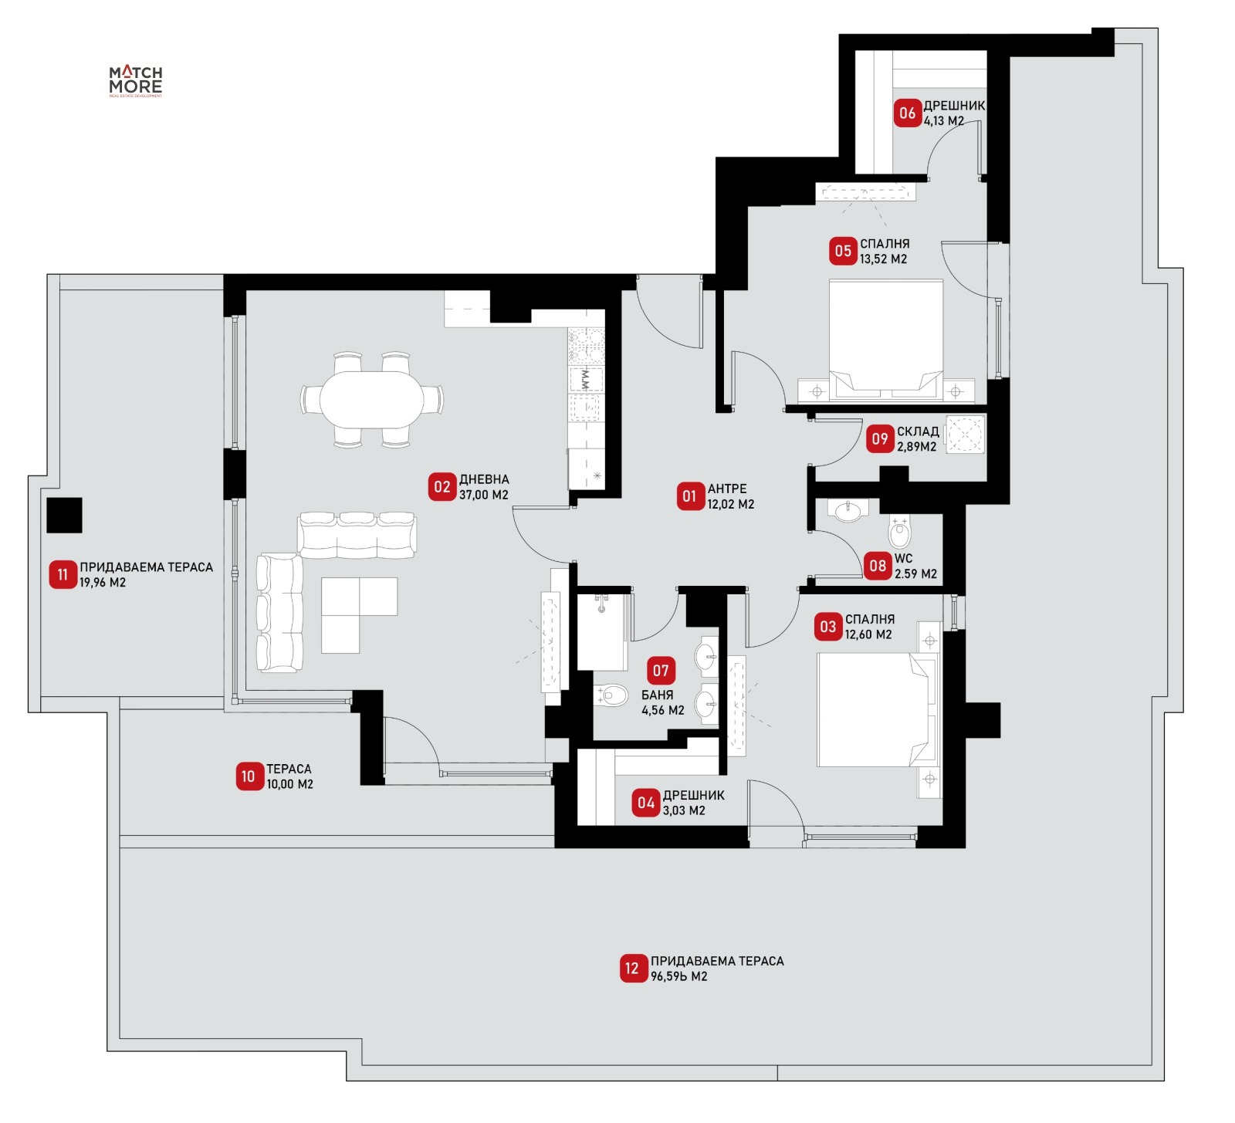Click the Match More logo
tap(135, 81)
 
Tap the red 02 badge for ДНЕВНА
tap(442, 487)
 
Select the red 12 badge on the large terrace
tap(632, 969)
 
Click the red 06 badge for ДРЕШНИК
tap(907, 113)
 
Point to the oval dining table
tap(372, 399)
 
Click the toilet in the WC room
tap(900, 529)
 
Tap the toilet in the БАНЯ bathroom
tap(611, 696)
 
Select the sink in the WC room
tap(848, 510)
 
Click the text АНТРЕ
tap(727, 489)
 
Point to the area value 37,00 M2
tap(484, 495)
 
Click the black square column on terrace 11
tap(64, 515)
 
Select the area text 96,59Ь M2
tap(679, 976)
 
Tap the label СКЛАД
tap(918, 431)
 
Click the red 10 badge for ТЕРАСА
tap(249, 776)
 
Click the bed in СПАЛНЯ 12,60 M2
tap(877, 710)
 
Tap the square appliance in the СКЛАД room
tap(965, 435)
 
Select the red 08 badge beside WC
tap(878, 565)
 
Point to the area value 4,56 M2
tap(663, 710)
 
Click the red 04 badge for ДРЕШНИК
tap(646, 803)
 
